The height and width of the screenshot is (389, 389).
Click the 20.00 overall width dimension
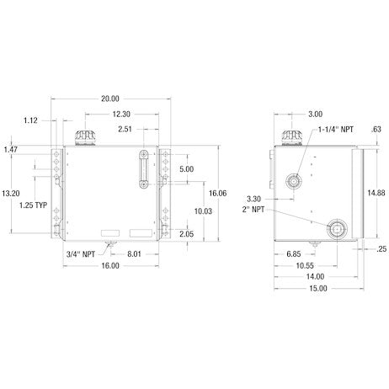click(x=110, y=99)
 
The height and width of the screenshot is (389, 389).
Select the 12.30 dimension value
click(x=121, y=115)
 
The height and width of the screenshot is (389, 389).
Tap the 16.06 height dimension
click(x=217, y=193)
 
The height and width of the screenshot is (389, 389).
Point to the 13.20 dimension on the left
click(x=11, y=194)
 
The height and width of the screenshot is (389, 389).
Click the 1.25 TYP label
click(x=33, y=205)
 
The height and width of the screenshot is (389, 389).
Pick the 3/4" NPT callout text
click(x=81, y=254)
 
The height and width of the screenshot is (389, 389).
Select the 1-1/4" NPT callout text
click(x=336, y=130)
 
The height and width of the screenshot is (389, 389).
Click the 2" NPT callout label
click(x=253, y=210)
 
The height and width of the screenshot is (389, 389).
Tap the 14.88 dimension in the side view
click(x=376, y=193)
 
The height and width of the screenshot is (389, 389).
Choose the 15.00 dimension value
click(x=318, y=289)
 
